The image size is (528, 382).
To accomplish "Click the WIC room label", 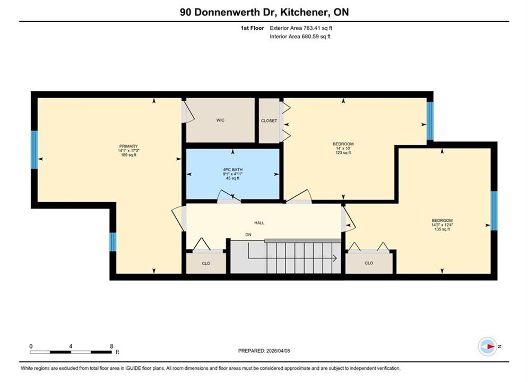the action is point(220,120).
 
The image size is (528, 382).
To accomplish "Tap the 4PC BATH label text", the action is point(232,170).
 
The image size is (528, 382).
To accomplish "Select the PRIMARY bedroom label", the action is point(128,146).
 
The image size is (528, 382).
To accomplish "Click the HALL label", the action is point(259,223).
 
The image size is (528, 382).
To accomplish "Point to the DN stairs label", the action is point(248,235).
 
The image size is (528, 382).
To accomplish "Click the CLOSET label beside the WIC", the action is point(269,120).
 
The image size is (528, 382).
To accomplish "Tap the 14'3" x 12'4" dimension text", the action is point(442,225).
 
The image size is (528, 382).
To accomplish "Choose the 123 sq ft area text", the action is point(343,152).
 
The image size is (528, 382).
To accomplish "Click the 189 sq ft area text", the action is point(128,155).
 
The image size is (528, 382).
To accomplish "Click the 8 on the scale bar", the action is point(111,346).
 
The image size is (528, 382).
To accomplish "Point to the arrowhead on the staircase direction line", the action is point(335,258).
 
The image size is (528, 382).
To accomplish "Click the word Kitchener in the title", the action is point(304,12).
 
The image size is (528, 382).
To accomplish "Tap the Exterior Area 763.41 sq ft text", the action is point(301,28).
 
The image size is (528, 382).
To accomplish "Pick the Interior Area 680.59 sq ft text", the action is point(300,37).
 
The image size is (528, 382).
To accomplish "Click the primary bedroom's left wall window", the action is point(34,150).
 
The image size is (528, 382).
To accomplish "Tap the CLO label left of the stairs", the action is point(206,263).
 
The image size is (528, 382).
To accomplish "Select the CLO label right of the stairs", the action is point(369,263).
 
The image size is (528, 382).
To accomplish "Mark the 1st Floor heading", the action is point(252,28).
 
